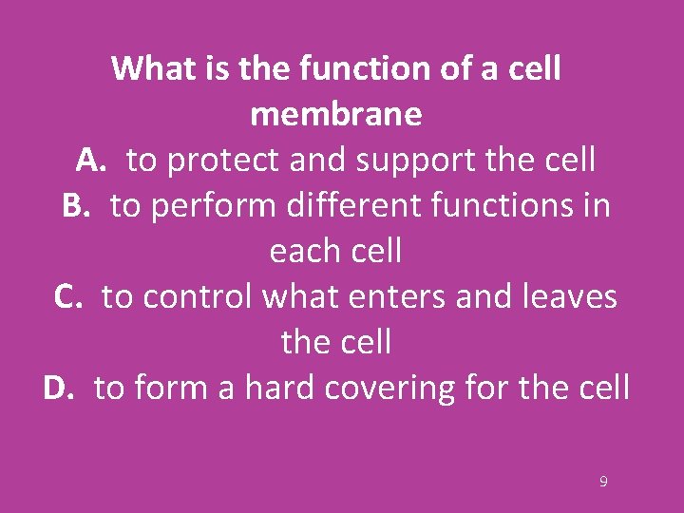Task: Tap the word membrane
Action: (x=336, y=114)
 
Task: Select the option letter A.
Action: (x=92, y=161)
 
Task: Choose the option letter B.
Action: (x=77, y=206)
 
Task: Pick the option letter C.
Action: (x=69, y=297)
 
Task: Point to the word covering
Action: (x=391, y=389)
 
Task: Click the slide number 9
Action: (x=603, y=482)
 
